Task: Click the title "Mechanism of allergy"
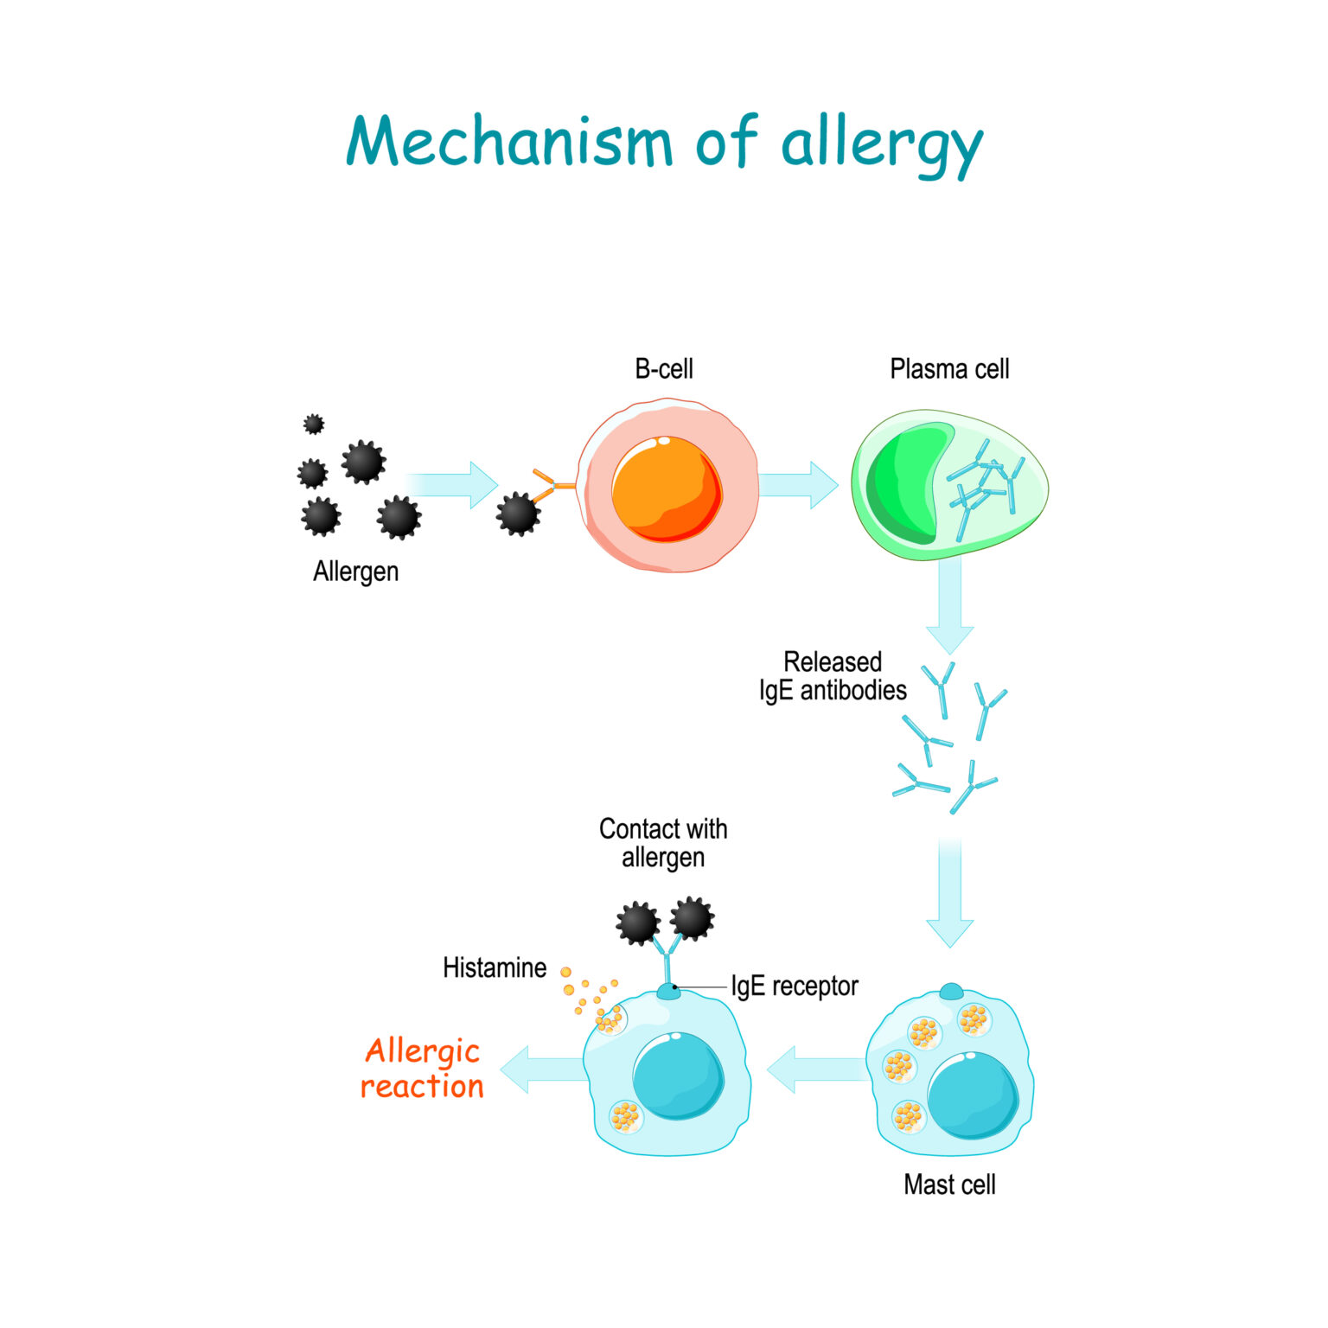pos(664,143)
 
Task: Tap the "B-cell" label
pos(664,369)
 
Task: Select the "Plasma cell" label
pos(949,369)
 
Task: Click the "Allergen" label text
pos(355,571)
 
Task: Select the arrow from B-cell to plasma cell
pos(800,485)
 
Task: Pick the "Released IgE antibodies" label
pos(833,676)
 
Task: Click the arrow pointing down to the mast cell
pos(949,895)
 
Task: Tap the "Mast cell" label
pos(949,1184)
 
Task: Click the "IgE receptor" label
pos(795,986)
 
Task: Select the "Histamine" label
pos(495,967)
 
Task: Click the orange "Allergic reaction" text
pos(422,1069)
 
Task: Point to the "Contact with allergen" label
pos(663,843)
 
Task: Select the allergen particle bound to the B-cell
pos(518,514)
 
